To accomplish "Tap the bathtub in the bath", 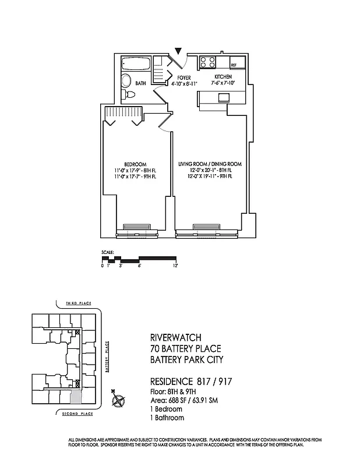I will coord(136,63).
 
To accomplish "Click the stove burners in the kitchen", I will coord(209,62).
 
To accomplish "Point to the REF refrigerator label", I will coord(234,65).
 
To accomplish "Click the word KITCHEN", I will coord(223,77).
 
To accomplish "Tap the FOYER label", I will coord(183,77).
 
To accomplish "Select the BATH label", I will coord(140,84).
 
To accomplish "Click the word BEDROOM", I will coord(135,164).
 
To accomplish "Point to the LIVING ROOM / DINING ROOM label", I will coord(209,164).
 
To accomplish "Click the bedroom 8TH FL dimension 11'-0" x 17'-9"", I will coord(135,171).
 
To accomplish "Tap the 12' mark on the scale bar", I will coord(175,265).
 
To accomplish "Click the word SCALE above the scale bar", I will coord(106,253).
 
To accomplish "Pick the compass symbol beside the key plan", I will coord(119,400).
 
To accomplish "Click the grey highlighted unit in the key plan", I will coord(76,397).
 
